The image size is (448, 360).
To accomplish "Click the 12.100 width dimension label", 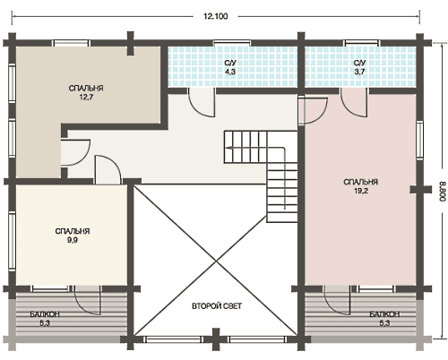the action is click(216, 16).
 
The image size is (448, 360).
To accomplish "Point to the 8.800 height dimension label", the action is click(443, 192).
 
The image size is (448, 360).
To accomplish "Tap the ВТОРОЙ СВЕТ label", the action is click(217, 306).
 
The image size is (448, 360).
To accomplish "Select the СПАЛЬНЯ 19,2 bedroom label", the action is click(361, 186).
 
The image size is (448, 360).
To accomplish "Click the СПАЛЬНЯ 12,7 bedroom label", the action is click(86, 92).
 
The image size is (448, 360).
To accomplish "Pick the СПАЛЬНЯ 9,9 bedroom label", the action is click(73, 236).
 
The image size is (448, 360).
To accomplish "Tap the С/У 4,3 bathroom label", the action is click(230, 67).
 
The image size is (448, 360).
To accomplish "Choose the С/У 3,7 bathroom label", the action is click(360, 67).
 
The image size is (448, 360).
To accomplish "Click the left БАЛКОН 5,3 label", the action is click(45, 319).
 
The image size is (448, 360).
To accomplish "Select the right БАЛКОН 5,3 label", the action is click(384, 319).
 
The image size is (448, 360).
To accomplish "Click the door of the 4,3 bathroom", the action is click(202, 102).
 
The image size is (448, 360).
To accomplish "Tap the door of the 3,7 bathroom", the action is click(354, 102).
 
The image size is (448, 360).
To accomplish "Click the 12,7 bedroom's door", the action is click(75, 152).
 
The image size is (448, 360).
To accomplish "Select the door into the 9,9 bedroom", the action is click(108, 169).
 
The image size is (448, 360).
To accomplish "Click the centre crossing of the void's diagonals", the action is click(216, 261).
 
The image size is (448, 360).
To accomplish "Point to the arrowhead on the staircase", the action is click(228, 148).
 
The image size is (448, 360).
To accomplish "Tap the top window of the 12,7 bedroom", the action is click(72, 43).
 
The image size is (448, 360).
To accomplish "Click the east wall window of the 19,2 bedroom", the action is click(419, 140).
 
